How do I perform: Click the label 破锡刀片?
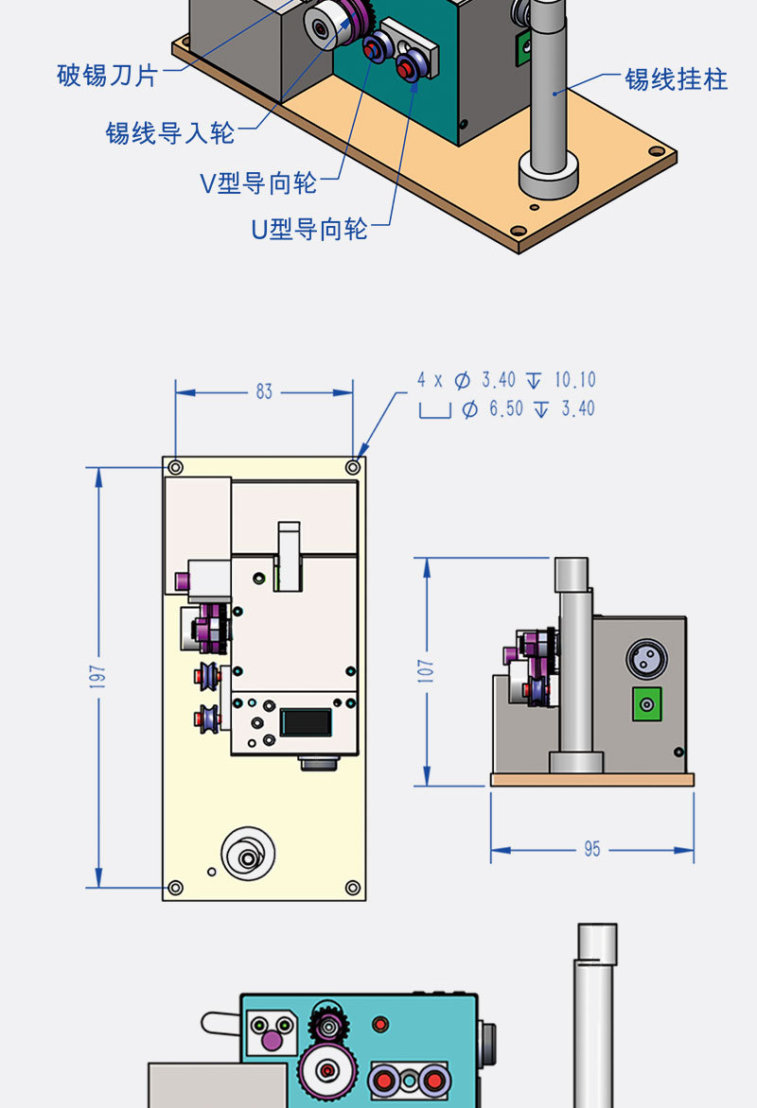(107, 77)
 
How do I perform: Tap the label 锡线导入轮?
(169, 133)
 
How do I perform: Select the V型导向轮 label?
(258, 182)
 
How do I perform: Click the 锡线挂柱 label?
(676, 79)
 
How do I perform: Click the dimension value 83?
(264, 391)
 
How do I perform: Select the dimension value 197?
(99, 676)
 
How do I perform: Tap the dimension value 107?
(427, 671)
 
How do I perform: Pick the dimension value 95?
(591, 849)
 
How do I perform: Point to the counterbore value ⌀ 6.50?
(492, 409)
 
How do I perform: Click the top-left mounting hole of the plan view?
(175, 467)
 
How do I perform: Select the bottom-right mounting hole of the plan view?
(352, 888)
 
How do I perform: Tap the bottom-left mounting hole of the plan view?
(175, 888)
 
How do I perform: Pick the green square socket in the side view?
(646, 703)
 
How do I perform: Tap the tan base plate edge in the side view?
(591, 780)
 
